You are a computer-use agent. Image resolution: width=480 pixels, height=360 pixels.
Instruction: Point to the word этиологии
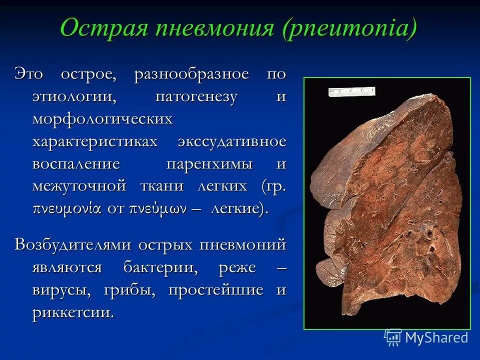74,96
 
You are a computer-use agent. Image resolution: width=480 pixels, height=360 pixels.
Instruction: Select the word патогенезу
196,96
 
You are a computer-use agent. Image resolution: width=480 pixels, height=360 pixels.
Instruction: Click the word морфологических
102,118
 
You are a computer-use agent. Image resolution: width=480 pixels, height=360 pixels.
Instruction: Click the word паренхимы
212,163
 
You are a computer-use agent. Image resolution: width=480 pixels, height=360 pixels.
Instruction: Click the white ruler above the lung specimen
351,91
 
